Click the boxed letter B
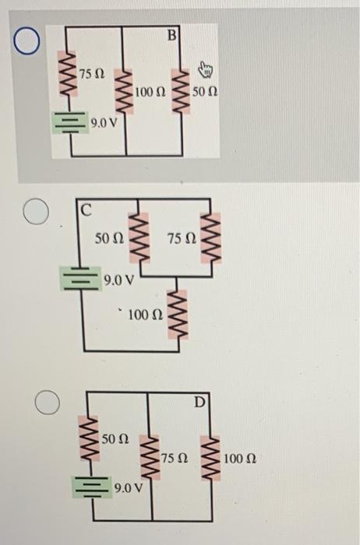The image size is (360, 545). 173,34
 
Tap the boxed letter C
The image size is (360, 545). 85,209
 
